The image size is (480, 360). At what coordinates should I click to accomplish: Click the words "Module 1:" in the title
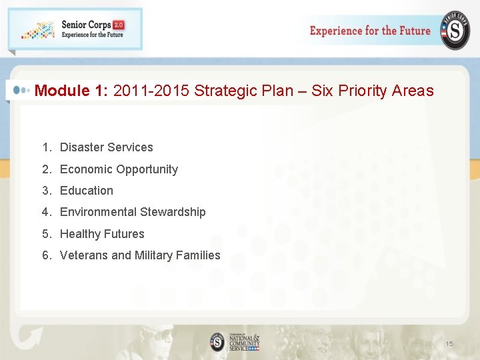pyautogui.click(x=72, y=91)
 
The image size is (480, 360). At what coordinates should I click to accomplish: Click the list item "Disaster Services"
pyautogui.click(x=107, y=147)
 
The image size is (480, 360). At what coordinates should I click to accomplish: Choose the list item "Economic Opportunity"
pyautogui.click(x=119, y=169)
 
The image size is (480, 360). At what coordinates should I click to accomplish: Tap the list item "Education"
pyautogui.click(x=87, y=191)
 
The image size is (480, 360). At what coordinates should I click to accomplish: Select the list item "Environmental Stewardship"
pyautogui.click(x=133, y=212)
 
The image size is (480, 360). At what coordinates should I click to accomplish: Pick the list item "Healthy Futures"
pyautogui.click(x=102, y=234)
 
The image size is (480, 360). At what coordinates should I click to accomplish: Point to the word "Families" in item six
pyautogui.click(x=198, y=255)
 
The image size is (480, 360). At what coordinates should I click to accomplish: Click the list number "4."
pyautogui.click(x=47, y=212)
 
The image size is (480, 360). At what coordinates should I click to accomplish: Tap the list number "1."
pyautogui.click(x=47, y=147)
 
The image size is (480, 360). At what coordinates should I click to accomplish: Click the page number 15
pyautogui.click(x=449, y=343)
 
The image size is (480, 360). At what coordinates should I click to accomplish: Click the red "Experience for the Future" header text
pyautogui.click(x=370, y=31)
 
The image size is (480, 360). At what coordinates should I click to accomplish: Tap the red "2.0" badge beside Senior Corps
pyautogui.click(x=118, y=25)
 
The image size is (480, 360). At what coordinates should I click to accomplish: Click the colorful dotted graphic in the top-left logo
pyautogui.click(x=37, y=29)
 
